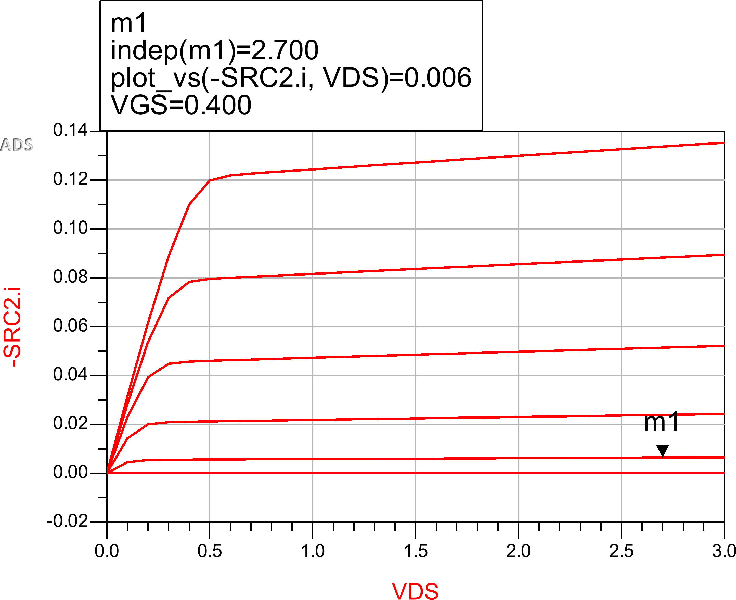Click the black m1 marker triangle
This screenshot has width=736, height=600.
[x=662, y=450]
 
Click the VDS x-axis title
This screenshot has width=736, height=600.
[x=415, y=590]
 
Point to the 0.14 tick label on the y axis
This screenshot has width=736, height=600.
[x=70, y=130]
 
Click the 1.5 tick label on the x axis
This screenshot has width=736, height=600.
[x=416, y=551]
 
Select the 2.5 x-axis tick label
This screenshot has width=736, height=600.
[x=621, y=551]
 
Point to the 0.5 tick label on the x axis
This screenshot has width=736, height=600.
[x=210, y=551]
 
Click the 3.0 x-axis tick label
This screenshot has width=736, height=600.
[x=724, y=551]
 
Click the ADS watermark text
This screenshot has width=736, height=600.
[x=16, y=145]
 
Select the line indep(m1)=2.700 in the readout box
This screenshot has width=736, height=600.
[x=214, y=50]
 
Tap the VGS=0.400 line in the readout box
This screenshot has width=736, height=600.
[x=181, y=105]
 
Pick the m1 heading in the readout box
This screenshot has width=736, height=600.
[x=128, y=23]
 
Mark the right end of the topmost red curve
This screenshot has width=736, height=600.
[x=723, y=143]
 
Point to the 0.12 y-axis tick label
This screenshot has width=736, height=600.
[x=70, y=179]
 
